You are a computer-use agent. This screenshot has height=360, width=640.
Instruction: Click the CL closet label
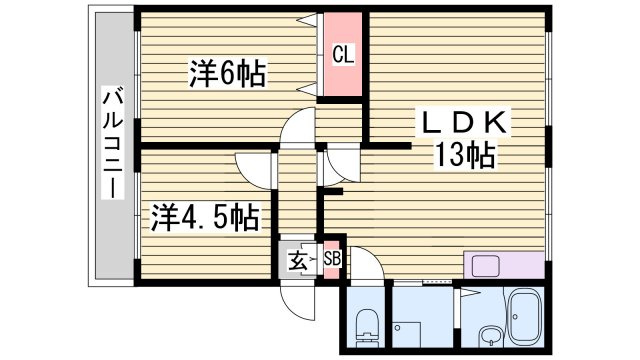tap(343, 54)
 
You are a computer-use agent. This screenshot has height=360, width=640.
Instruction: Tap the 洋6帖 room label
tap(227, 73)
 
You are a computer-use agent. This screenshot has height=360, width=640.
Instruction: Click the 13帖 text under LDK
tap(464, 155)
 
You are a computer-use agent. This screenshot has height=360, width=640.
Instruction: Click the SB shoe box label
tap(332, 258)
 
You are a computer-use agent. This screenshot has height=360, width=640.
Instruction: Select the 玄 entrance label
tap(297, 261)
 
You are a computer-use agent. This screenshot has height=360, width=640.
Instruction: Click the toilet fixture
tap(366, 328)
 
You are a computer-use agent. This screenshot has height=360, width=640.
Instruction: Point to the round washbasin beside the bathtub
tap(491, 336)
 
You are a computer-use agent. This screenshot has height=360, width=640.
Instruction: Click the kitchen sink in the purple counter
tap(485, 265)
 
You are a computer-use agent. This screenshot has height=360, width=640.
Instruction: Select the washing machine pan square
tap(407, 335)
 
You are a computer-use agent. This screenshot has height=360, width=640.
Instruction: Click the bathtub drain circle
tap(516, 316)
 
